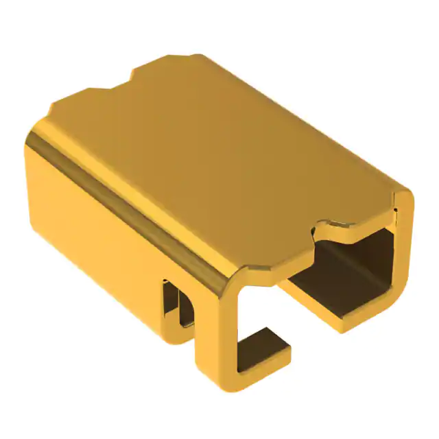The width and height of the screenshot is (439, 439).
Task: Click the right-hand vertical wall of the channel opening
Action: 401,254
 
